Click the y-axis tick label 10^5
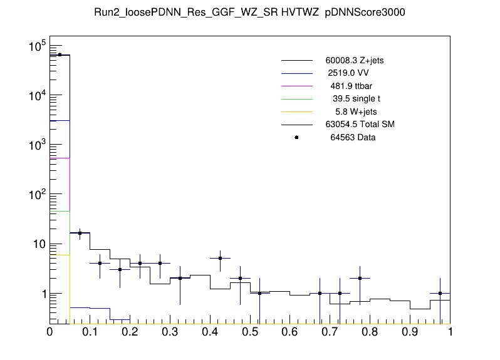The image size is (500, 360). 33,46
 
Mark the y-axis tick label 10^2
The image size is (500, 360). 33,195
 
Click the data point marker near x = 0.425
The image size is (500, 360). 220,258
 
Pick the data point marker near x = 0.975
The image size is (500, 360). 440,293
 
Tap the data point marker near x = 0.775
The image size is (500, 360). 360,278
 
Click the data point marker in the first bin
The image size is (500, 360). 60,54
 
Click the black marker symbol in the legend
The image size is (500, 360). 296,137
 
